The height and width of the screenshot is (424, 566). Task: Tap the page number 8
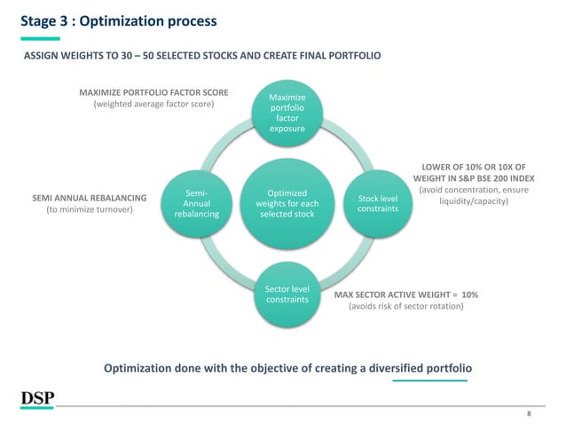point(529,413)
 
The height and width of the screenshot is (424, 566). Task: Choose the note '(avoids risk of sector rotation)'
point(405,306)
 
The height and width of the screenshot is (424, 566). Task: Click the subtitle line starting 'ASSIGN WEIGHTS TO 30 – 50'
point(201,55)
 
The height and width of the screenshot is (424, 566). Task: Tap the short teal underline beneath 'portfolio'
point(430,381)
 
